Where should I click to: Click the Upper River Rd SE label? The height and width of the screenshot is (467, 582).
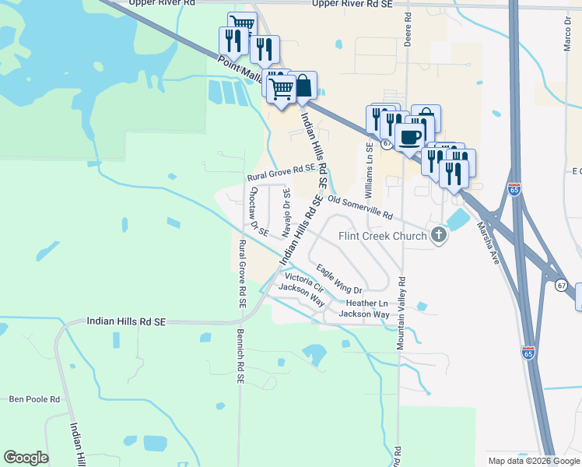click(x=355, y=4)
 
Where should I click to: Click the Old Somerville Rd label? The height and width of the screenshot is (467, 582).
click(x=360, y=205)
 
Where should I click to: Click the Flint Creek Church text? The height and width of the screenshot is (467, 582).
click(x=382, y=236)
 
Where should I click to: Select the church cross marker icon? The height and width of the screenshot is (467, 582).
click(x=440, y=235)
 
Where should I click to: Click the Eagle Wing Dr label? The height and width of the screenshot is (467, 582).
click(x=339, y=279)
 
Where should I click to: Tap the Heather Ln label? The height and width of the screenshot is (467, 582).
click(x=366, y=303)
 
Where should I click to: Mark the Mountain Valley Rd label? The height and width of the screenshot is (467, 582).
click(x=401, y=312)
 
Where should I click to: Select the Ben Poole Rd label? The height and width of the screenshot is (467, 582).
click(x=34, y=399)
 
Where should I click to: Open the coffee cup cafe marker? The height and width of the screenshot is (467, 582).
click(x=410, y=138)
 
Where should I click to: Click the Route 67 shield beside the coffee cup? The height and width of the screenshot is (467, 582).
click(x=386, y=144)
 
